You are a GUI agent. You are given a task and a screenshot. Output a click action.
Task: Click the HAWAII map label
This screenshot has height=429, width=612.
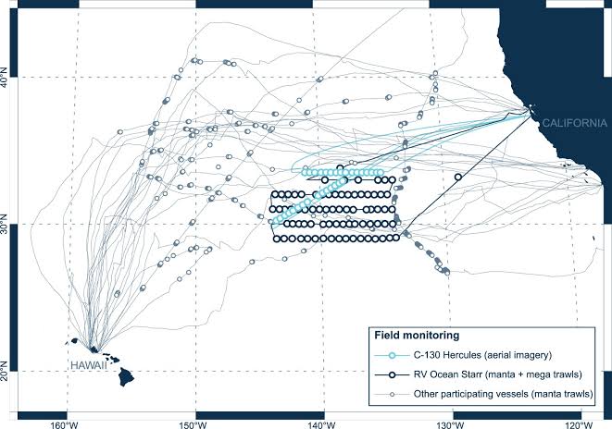tap(89, 365)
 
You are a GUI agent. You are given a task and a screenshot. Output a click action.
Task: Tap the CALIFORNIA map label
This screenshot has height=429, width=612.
tap(575, 123)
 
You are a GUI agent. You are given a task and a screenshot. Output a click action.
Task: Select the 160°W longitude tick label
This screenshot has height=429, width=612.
tap(67, 424)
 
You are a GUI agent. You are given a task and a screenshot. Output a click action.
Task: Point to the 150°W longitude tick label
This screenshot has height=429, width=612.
tap(194, 424)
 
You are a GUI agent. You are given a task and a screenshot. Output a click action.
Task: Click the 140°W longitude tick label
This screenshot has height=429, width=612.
tap(323, 424)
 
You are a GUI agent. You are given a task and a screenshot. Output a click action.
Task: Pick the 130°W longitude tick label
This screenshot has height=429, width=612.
tap(453, 424)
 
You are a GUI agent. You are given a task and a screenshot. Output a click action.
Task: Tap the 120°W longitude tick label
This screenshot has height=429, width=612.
tap(581, 424)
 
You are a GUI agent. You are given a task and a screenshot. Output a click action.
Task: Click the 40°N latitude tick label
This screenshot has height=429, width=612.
tap(4, 77)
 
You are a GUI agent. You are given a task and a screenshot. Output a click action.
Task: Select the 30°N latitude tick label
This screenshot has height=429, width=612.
tap(4, 224)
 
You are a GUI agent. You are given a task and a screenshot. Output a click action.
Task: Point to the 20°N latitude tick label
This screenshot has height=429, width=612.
tap(4, 371)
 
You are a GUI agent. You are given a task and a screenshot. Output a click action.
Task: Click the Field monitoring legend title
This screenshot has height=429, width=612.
tap(417, 335)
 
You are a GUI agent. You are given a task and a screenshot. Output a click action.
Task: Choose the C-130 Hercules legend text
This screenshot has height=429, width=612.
tap(482, 355)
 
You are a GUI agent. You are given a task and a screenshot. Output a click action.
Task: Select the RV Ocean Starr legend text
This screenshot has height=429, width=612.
tap(497, 374)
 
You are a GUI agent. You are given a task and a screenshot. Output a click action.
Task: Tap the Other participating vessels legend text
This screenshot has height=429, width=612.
tap(504, 394)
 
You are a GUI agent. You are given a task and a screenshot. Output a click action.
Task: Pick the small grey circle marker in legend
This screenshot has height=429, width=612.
tap(392, 394)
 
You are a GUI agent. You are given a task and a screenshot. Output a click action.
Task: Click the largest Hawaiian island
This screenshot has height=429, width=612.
tap(126, 376)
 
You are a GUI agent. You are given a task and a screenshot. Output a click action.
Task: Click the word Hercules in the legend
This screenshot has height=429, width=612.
tap(459, 355)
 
